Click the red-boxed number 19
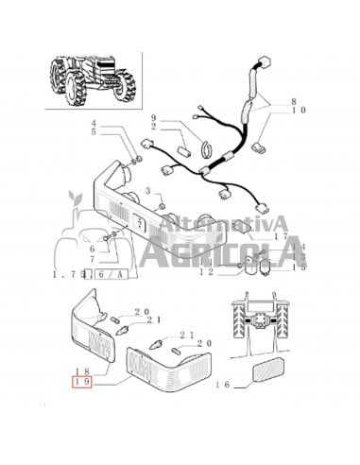[x=82, y=384]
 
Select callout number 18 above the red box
[x=82, y=373]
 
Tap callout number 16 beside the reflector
[x=222, y=386]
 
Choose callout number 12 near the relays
[x=208, y=272]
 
